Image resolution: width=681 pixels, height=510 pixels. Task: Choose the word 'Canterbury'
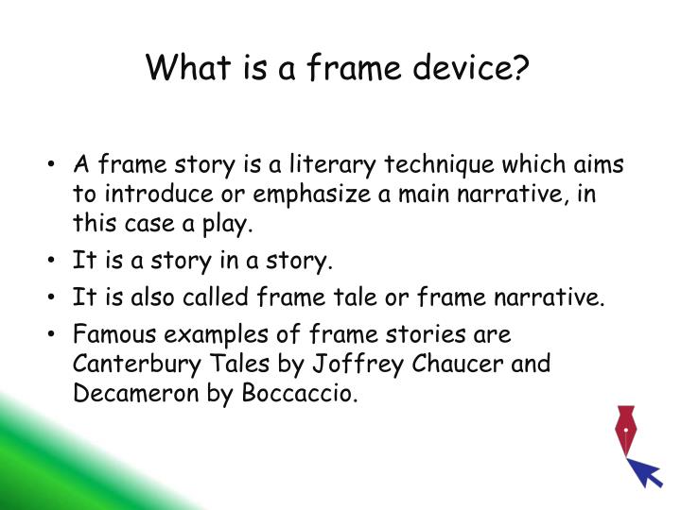click(127, 363)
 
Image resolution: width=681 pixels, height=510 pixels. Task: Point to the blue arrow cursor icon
click(647, 472)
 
